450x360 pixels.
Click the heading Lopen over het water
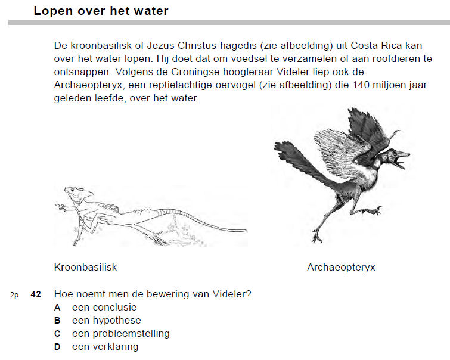point(101,11)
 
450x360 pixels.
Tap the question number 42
point(36,294)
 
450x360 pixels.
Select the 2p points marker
point(14,295)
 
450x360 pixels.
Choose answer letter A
point(57,308)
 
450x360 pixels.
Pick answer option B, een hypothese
point(106,321)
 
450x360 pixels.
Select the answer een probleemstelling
point(120,334)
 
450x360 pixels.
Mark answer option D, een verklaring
point(105,347)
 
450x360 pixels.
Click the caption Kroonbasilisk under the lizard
point(85,267)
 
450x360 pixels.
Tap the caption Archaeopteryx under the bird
point(341,267)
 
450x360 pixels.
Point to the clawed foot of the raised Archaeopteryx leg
point(373,210)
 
